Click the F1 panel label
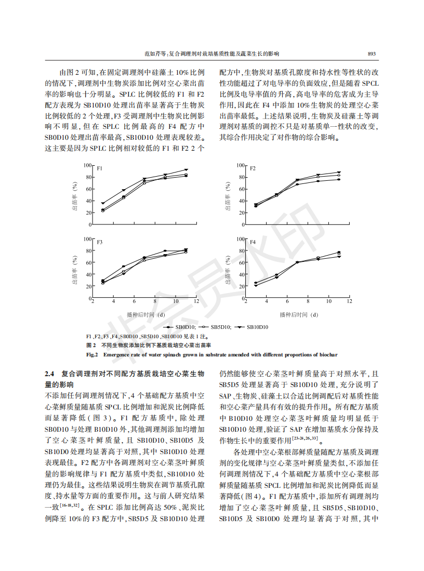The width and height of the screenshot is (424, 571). [99, 168]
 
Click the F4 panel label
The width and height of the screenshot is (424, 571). [253, 242]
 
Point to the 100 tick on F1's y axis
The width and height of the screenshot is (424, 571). [87, 165]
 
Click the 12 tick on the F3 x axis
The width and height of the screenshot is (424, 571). [196, 301]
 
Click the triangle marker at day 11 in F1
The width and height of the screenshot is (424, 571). [186, 169]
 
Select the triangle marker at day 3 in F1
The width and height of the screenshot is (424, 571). [103, 203]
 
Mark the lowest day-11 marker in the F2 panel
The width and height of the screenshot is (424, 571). [339, 179]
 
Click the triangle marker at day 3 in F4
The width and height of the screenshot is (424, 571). [256, 285]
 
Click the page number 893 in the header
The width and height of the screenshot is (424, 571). [372, 54]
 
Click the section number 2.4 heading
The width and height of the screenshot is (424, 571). [49, 374]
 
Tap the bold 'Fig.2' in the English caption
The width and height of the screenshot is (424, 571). [92, 354]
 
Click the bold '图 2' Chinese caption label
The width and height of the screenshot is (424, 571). [91, 345]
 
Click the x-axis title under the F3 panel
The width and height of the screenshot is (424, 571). [145, 314]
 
